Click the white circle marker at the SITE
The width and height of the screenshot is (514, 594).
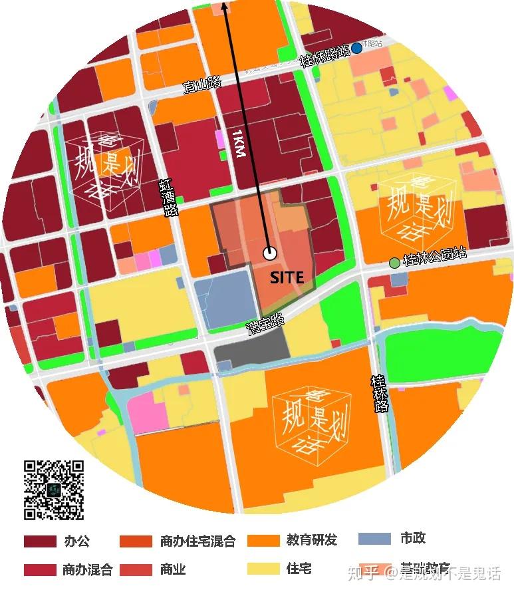tap(270, 253)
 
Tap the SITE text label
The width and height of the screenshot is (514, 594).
tap(287, 277)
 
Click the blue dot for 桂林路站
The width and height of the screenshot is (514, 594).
tap(357, 48)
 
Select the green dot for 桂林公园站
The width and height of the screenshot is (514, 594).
tap(395, 263)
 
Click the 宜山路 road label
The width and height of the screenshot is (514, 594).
tap(203, 84)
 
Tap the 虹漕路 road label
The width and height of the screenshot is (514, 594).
tap(170, 198)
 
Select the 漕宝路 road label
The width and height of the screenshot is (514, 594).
tap(265, 325)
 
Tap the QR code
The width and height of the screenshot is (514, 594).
tap(54, 490)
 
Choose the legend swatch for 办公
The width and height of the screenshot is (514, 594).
tap(40, 541)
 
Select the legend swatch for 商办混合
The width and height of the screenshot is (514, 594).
tap(40, 570)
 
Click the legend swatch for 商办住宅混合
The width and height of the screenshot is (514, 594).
tap(136, 541)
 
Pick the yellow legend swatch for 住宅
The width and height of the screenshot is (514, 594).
tap(263, 569)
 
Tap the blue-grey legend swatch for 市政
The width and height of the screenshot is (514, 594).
tap(374, 539)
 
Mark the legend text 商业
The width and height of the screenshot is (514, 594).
tap(173, 570)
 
